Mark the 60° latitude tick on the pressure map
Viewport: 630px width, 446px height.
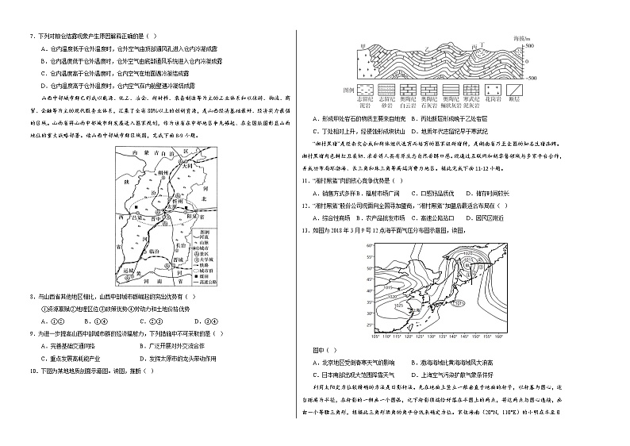point(370,247)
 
